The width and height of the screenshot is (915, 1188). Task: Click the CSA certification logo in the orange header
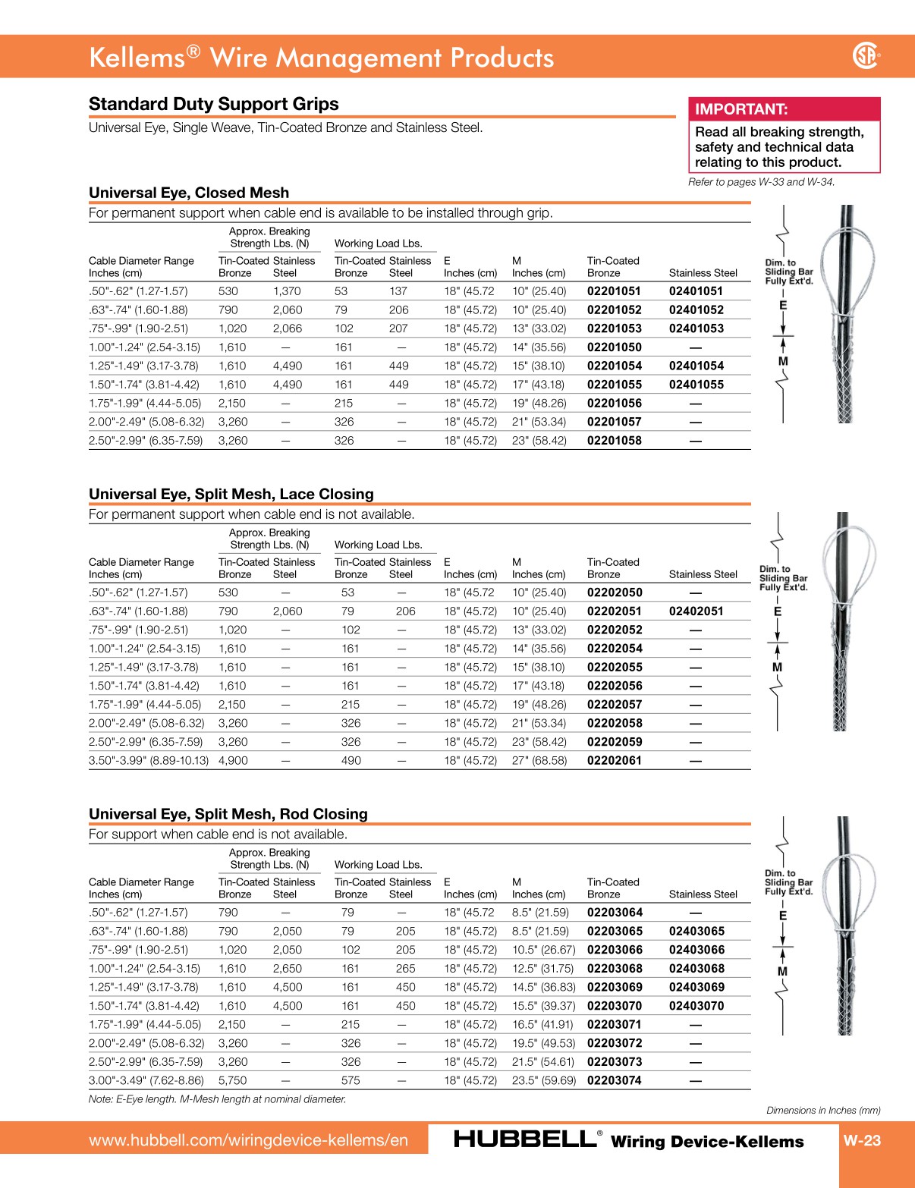click(x=866, y=55)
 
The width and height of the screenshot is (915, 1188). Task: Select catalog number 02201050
click(x=614, y=347)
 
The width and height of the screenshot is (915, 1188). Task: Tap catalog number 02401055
click(x=696, y=385)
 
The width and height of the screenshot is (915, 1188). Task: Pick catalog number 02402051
click(x=696, y=611)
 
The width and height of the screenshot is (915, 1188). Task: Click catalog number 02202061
click(x=614, y=761)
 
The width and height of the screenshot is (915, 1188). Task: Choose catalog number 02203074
click(x=614, y=1081)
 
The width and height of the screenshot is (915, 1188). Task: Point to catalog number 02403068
click(x=696, y=969)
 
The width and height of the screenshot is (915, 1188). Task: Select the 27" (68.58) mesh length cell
click(x=539, y=761)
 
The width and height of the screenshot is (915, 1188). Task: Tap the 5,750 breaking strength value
click(x=232, y=1081)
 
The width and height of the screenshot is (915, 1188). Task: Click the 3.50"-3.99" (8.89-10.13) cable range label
click(x=148, y=761)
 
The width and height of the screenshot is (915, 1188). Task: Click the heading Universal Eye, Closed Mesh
click(x=189, y=193)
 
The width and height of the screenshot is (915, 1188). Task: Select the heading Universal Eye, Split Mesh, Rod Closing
click(x=228, y=814)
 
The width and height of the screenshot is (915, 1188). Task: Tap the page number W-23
click(x=862, y=1140)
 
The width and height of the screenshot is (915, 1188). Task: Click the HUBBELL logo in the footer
click(x=524, y=1139)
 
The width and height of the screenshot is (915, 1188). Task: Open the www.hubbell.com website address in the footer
click(x=248, y=1140)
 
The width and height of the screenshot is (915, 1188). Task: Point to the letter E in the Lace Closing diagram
click(x=777, y=611)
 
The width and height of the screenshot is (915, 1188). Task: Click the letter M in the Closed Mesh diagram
click(x=783, y=361)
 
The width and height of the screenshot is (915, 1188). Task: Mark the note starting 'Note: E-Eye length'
click(x=217, y=1099)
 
